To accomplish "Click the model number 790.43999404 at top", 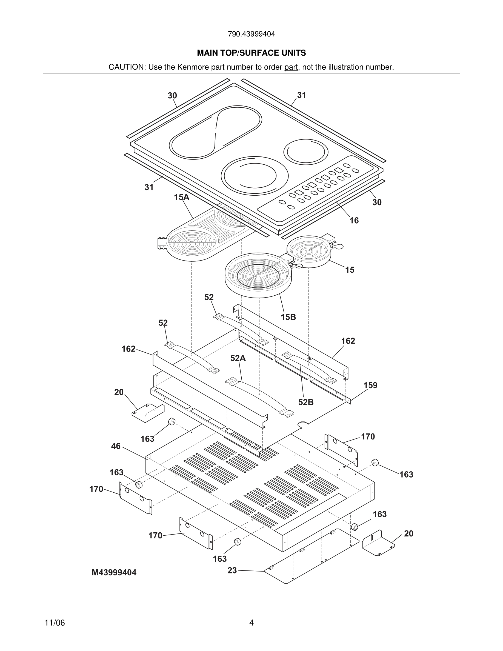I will pos(251,34).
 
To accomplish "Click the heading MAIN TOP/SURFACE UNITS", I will pos(251,53).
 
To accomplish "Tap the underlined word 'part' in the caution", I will pos(291,67).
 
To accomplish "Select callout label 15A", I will pos(182,197).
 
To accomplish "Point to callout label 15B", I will pos(288,317).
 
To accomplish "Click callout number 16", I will pos(354,221).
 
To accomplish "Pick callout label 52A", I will pos(238,358).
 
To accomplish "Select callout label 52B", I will pos(306,402).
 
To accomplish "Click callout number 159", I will pos(370,386).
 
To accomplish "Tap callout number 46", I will pos(116,446).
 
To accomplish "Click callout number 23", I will pos(232,570).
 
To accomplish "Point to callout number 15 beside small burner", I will pos(350,270).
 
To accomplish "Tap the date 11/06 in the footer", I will pos(55,623).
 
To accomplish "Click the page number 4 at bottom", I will pos(251,623).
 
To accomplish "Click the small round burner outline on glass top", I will pos(306,152).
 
